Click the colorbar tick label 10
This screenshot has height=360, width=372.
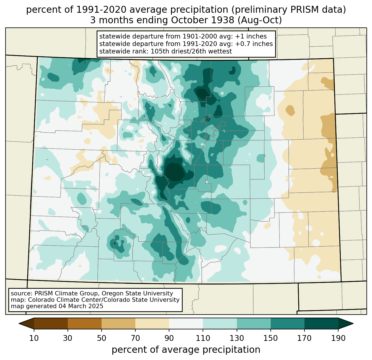tap(34, 338)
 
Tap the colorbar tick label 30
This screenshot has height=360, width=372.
tap(68, 338)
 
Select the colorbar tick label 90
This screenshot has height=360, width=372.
tap(169, 338)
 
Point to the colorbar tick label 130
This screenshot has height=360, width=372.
tap(237, 338)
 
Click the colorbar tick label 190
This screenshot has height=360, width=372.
tap(338, 338)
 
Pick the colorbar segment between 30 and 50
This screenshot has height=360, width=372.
tap(85, 323)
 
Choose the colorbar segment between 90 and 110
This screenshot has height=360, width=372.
tap(186, 323)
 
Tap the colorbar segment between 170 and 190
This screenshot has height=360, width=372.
tap(321, 323)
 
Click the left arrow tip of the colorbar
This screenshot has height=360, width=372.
tap(19, 323)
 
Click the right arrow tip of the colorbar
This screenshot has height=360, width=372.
tap(353, 323)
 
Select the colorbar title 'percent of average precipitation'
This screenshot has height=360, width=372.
tap(186, 350)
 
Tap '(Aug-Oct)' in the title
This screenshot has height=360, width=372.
tap(260, 20)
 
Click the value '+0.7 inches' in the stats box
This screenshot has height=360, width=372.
tap(254, 44)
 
